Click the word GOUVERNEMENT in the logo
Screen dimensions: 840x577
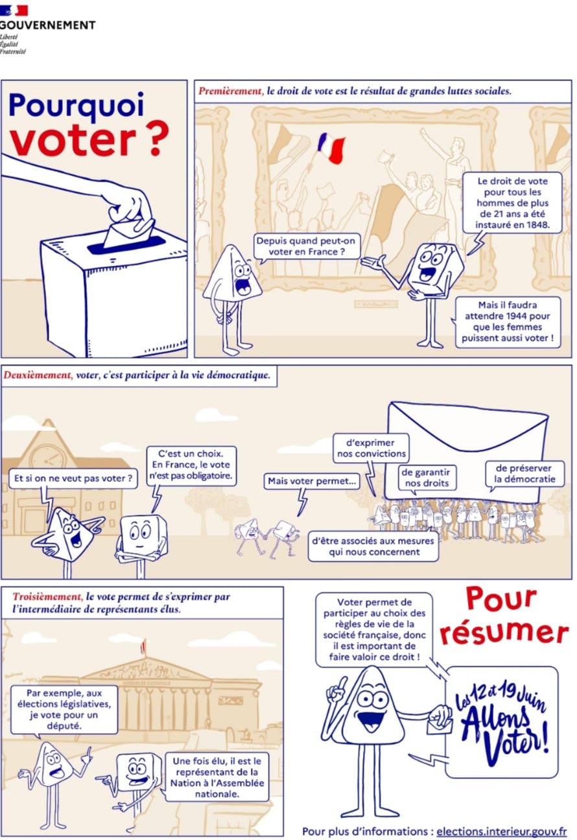coord(48,25)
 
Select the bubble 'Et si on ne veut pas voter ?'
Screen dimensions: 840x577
coord(74,479)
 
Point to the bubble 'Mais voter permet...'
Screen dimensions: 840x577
coord(312,481)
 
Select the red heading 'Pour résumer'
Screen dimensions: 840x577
coord(504,616)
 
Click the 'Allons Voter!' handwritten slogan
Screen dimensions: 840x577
coord(502,721)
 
